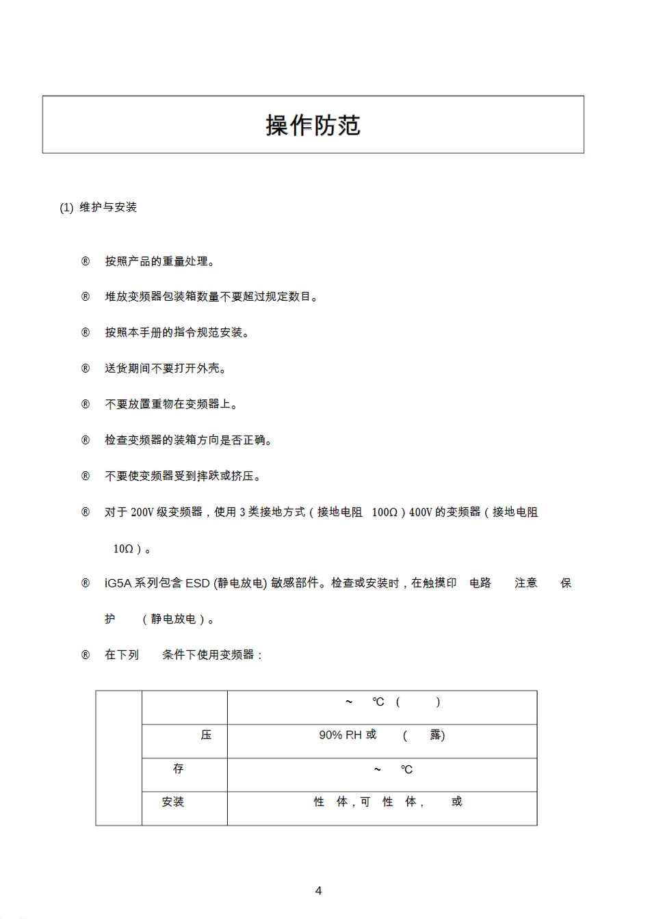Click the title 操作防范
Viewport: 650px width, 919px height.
pos(313,125)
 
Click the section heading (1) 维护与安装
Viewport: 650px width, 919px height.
pos(99,207)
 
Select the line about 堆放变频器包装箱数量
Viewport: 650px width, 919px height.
pos(211,297)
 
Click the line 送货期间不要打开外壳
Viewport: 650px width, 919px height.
pos(166,369)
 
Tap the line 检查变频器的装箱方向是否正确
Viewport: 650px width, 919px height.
pos(189,440)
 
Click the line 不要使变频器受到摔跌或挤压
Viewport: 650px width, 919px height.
pos(183,476)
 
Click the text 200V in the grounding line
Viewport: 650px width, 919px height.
pos(142,512)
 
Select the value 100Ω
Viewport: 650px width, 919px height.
pos(385,512)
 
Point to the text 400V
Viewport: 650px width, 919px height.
pos(421,512)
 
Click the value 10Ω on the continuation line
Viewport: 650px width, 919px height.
pos(123,548)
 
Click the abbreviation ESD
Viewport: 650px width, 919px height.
pos(197,583)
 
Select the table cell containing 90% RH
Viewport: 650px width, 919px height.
pos(382,735)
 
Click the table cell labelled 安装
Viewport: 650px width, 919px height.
pos(173,801)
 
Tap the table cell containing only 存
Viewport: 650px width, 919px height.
pos(179,769)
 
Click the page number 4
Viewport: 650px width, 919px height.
pos(318,890)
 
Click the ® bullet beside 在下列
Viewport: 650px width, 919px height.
pos(86,655)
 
